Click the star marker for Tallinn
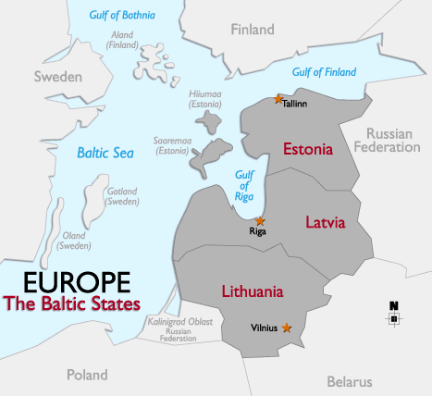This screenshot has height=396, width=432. [x=278, y=98]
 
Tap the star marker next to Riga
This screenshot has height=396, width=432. [x=260, y=221]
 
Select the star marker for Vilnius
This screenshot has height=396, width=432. [x=287, y=328]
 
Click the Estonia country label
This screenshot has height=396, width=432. [x=308, y=149]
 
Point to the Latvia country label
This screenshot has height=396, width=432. [x=325, y=222]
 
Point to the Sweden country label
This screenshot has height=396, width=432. [x=58, y=77]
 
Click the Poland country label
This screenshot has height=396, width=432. [x=87, y=375]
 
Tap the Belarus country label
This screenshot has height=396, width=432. [x=349, y=381]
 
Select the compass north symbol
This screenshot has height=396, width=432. [x=394, y=315]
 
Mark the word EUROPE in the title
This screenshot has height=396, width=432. [x=71, y=282]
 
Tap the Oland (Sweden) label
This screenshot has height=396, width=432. [x=73, y=241]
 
